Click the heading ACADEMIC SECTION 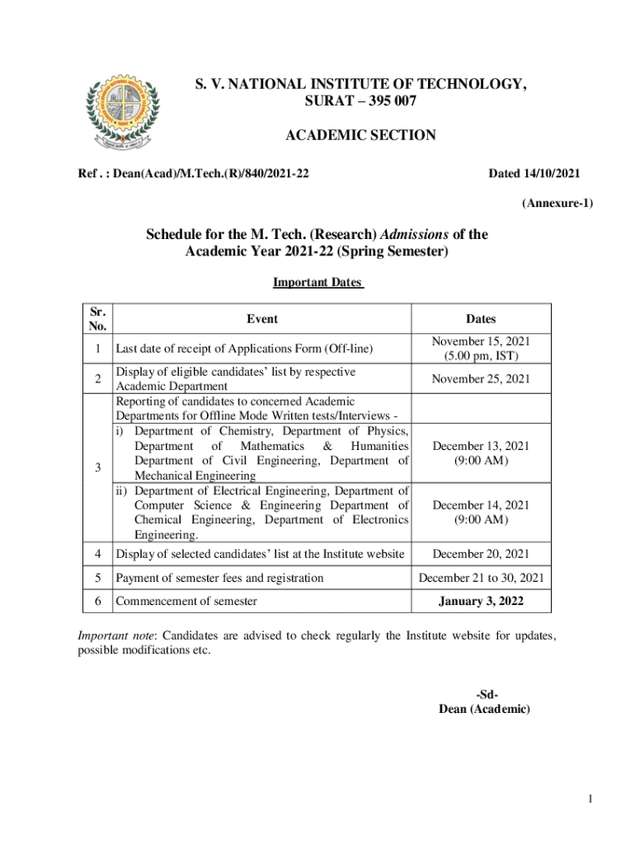(x=360, y=135)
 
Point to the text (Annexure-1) (x=556, y=203)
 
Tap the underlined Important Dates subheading (x=317, y=283)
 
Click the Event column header (x=262, y=318)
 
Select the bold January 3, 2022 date (x=481, y=602)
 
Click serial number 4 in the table (x=97, y=554)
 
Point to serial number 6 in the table (x=97, y=601)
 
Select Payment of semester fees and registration (x=219, y=578)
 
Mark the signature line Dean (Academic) (x=484, y=709)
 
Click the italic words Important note (x=117, y=635)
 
